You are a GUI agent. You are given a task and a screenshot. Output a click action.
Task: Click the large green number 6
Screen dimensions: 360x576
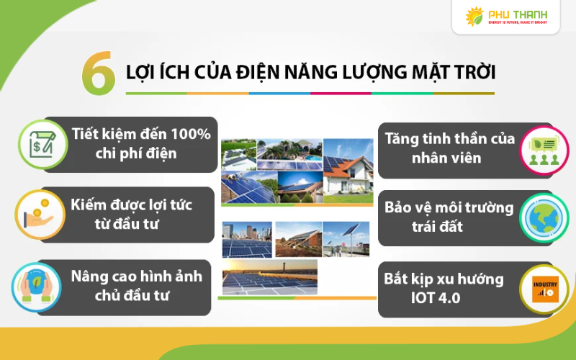99,73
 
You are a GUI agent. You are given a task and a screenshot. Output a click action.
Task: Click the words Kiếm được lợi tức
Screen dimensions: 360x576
131,204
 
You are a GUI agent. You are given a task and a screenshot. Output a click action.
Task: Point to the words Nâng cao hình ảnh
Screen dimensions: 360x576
137,276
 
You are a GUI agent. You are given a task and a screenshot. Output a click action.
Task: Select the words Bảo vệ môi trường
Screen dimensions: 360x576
449,208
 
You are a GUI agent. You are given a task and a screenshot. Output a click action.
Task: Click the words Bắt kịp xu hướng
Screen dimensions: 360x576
444,279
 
